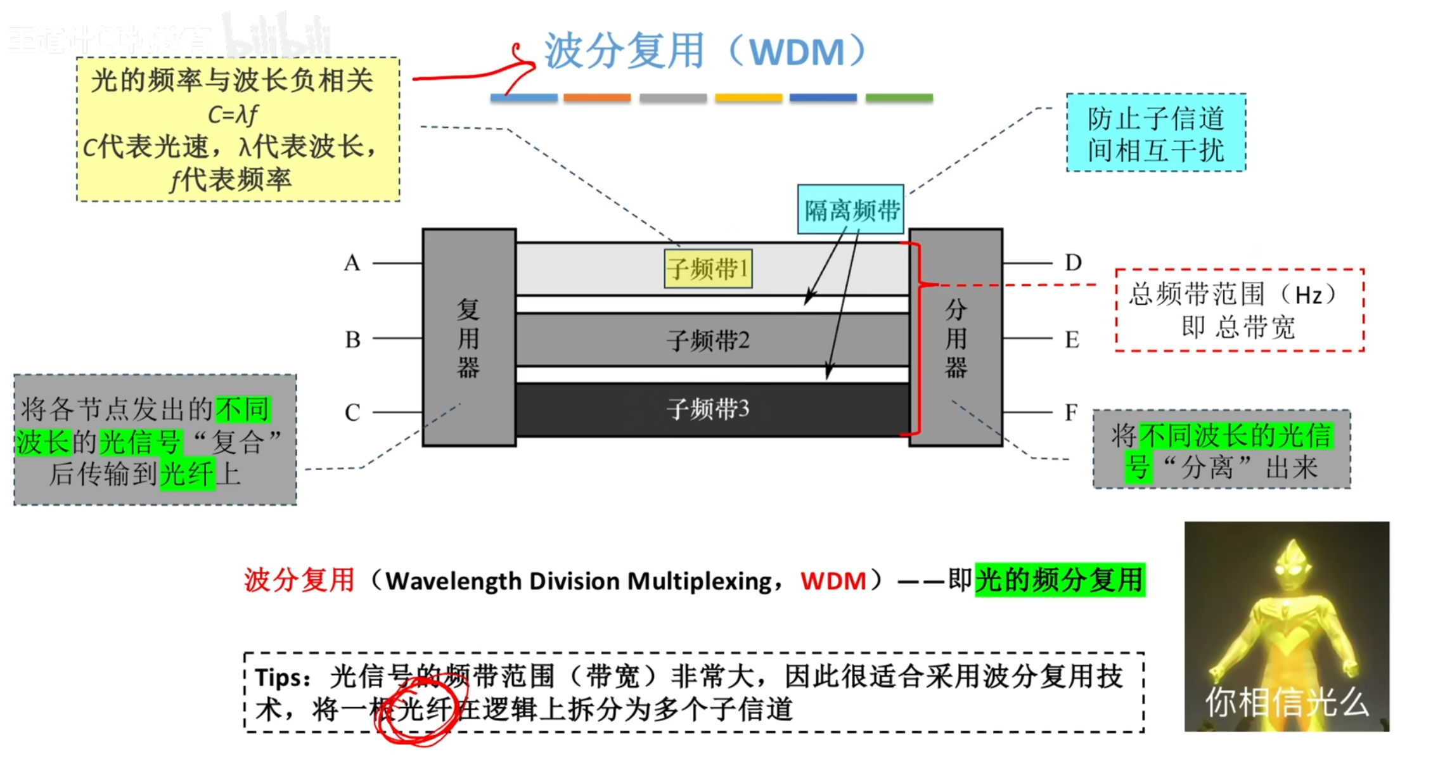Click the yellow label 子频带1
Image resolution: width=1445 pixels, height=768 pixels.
[708, 269]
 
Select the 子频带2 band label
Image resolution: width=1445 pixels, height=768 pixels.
[708, 340]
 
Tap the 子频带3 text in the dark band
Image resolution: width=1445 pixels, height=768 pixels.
[708, 409]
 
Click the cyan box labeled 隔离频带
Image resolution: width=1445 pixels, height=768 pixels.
[851, 210]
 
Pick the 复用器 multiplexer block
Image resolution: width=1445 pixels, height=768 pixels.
[469, 337]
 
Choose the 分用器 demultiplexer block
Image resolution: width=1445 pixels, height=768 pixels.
[956, 337]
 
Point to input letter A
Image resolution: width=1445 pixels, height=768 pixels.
[352, 262]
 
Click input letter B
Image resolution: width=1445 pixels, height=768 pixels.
[352, 340]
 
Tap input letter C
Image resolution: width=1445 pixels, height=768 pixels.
[352, 413]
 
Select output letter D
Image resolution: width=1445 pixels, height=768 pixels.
[1073, 262]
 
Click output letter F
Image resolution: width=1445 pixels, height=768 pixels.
[1071, 413]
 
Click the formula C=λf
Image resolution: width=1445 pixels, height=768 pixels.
[233, 115]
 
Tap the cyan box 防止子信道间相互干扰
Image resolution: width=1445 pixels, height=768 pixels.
[1156, 133]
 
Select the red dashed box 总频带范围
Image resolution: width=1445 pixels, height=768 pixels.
[1239, 310]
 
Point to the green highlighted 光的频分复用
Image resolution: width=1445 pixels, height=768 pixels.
[1060, 580]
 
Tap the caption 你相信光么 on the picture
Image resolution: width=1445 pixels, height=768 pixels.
[1287, 702]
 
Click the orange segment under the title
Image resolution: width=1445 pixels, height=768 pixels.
[597, 98]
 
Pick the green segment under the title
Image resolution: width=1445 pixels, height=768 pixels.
[899, 98]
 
